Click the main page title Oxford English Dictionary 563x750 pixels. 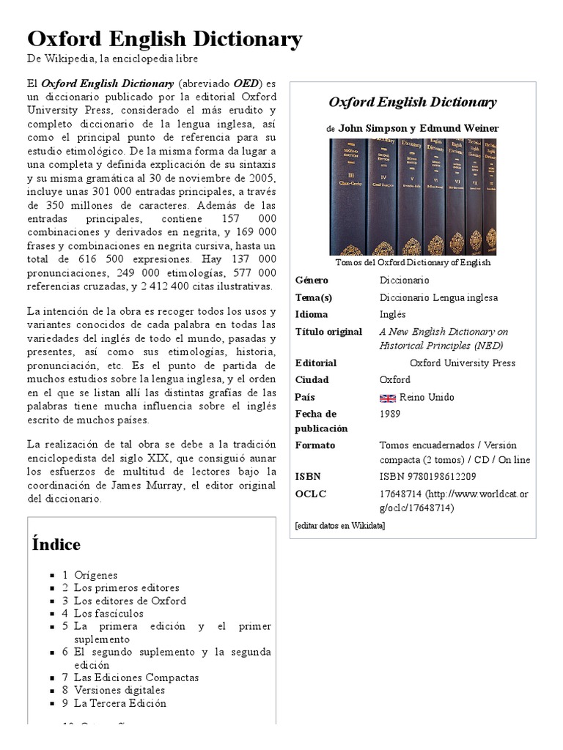coord(164,39)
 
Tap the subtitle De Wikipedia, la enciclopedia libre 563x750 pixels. coord(112,59)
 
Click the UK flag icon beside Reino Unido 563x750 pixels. coord(387,398)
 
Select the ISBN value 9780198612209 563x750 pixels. coord(427,476)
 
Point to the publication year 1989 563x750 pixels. coord(390,414)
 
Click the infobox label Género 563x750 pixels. coord(312,280)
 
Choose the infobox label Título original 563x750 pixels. coord(328,331)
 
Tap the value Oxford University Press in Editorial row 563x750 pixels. coord(462,363)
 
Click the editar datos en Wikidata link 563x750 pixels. coord(339,525)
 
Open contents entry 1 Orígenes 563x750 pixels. coord(95,575)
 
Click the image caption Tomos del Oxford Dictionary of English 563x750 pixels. coord(413,262)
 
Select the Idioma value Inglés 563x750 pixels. coord(393,314)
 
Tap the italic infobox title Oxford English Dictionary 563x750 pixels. coord(412,102)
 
